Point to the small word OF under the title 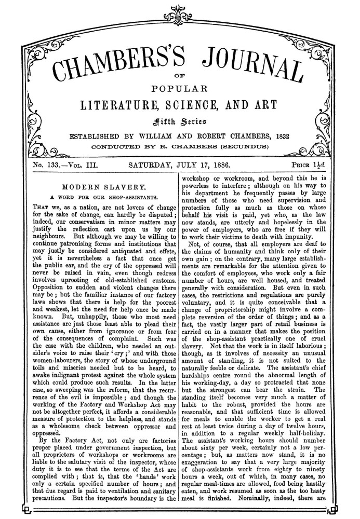point(180,76)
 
